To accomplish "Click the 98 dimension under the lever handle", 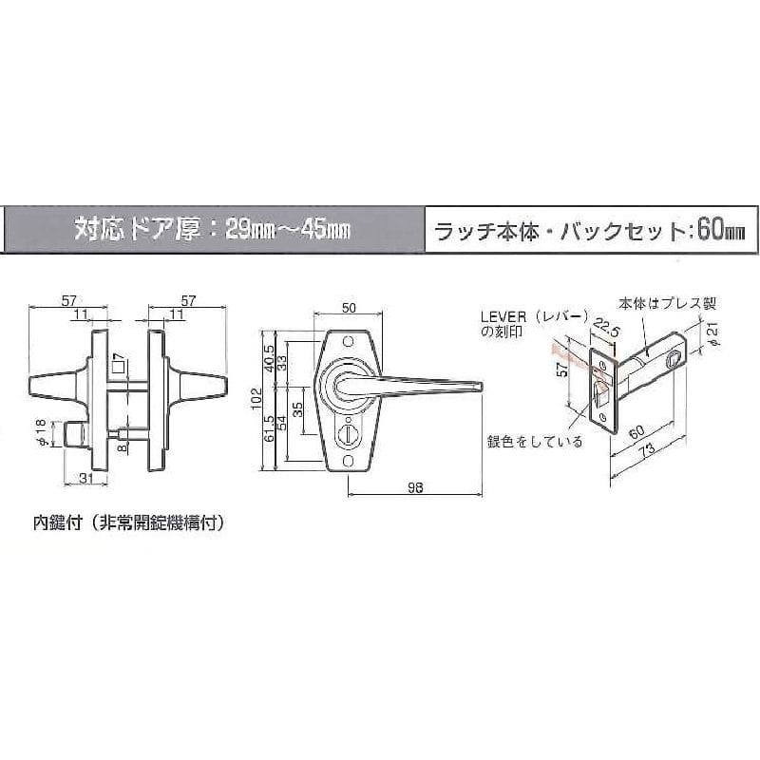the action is coord(415,487).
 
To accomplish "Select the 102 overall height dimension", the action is coord(256,399).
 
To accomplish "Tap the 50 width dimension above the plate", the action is coord(349,308).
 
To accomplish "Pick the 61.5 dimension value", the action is coord(270,428).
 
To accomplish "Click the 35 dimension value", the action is coord(298,410).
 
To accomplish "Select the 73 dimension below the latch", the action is coord(648,449).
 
